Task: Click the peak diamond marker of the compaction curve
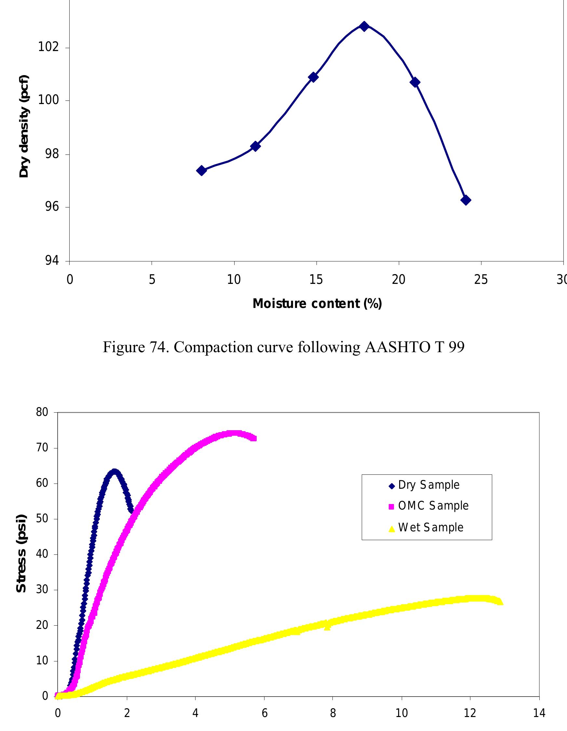(x=364, y=26)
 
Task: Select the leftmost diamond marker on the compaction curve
(x=201, y=170)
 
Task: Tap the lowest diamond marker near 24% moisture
(x=466, y=200)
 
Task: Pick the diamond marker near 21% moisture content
(x=415, y=82)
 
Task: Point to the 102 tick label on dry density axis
(x=48, y=47)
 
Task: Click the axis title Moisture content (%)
(x=317, y=304)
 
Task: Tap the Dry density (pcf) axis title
(x=24, y=126)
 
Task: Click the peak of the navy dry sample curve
(x=114, y=472)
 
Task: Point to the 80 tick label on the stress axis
(x=42, y=412)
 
